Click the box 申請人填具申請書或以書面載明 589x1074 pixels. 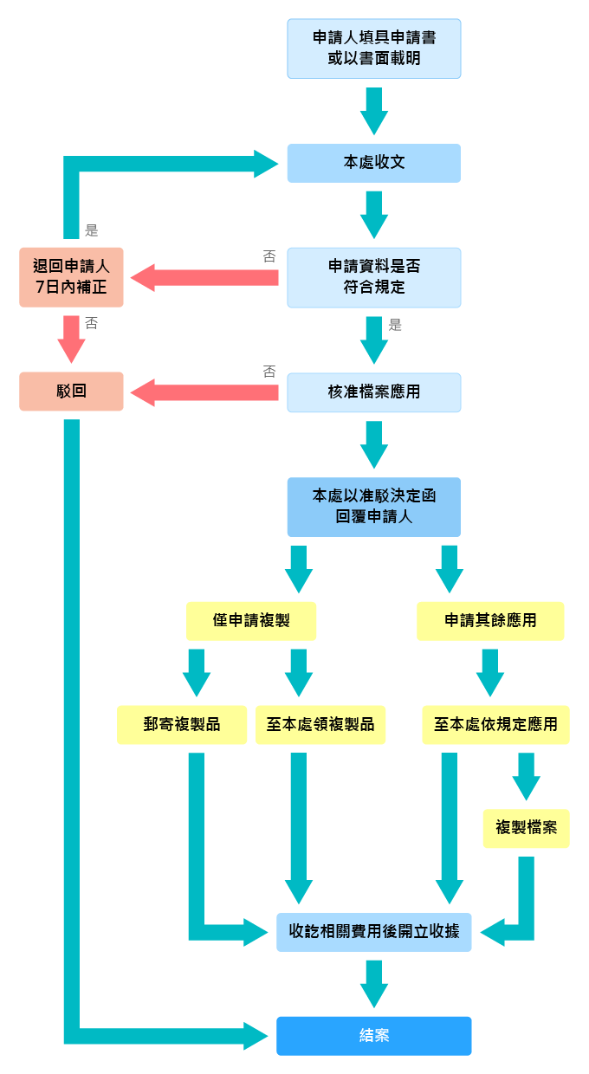pyautogui.click(x=373, y=49)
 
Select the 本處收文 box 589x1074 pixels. pyautogui.click(x=373, y=163)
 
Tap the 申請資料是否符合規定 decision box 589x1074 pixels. pyautogui.click(x=373, y=277)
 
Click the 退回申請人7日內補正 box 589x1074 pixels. pyautogui.click(x=71, y=277)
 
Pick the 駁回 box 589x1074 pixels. pyautogui.click(x=71, y=391)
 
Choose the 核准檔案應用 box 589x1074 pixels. pyautogui.click(x=373, y=391)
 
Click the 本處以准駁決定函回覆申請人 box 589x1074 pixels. pyautogui.click(x=373, y=507)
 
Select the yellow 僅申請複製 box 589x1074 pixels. pyautogui.click(x=251, y=621)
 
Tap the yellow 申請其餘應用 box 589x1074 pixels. pyautogui.click(x=490, y=621)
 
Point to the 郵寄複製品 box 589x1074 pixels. pyautogui.click(x=182, y=724)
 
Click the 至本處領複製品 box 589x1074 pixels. pyautogui.click(x=320, y=724)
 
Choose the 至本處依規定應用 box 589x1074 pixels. pyautogui.click(x=495, y=724)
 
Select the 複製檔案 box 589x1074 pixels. pyautogui.click(x=526, y=828)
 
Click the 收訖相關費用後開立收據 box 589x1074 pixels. pyautogui.click(x=373, y=932)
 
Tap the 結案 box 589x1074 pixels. pyautogui.click(x=373, y=1036)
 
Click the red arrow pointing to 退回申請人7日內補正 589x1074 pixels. pyautogui.click(x=204, y=278)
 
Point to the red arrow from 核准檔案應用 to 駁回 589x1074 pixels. pyautogui.click(x=204, y=392)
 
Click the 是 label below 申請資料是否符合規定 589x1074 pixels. pyautogui.click(x=396, y=326)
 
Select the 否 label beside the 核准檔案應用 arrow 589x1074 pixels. pyautogui.click(x=269, y=372)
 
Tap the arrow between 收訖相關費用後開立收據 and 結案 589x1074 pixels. pyautogui.click(x=373, y=983)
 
